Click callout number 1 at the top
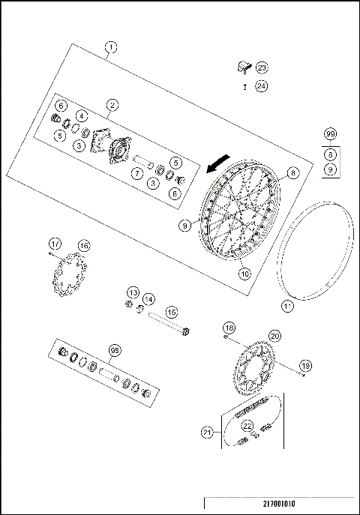[110, 49]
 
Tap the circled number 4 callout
[81, 117]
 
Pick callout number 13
[132, 292]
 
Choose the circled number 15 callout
[171, 311]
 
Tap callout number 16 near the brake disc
[83, 245]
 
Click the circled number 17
[55, 243]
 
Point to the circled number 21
[208, 432]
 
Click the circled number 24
[261, 85]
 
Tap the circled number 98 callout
[115, 349]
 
